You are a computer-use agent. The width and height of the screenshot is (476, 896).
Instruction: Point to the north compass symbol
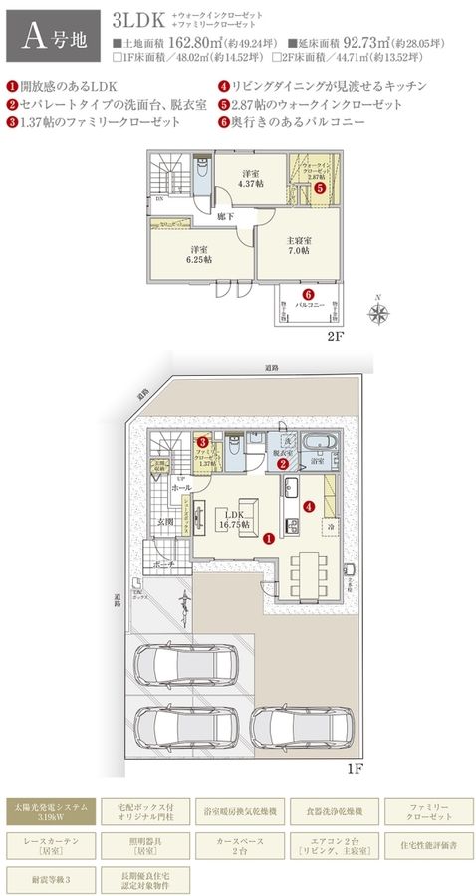[x=378, y=312]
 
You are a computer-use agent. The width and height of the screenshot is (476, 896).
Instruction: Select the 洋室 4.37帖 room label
[x=251, y=178]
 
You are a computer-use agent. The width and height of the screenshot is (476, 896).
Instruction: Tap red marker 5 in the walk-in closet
[x=320, y=186]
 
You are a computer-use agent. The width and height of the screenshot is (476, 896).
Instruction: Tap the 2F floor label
[x=335, y=336]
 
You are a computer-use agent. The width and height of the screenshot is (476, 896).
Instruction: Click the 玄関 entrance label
[x=163, y=521]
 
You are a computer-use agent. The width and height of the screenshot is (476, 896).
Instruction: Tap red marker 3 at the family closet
[x=203, y=442]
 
